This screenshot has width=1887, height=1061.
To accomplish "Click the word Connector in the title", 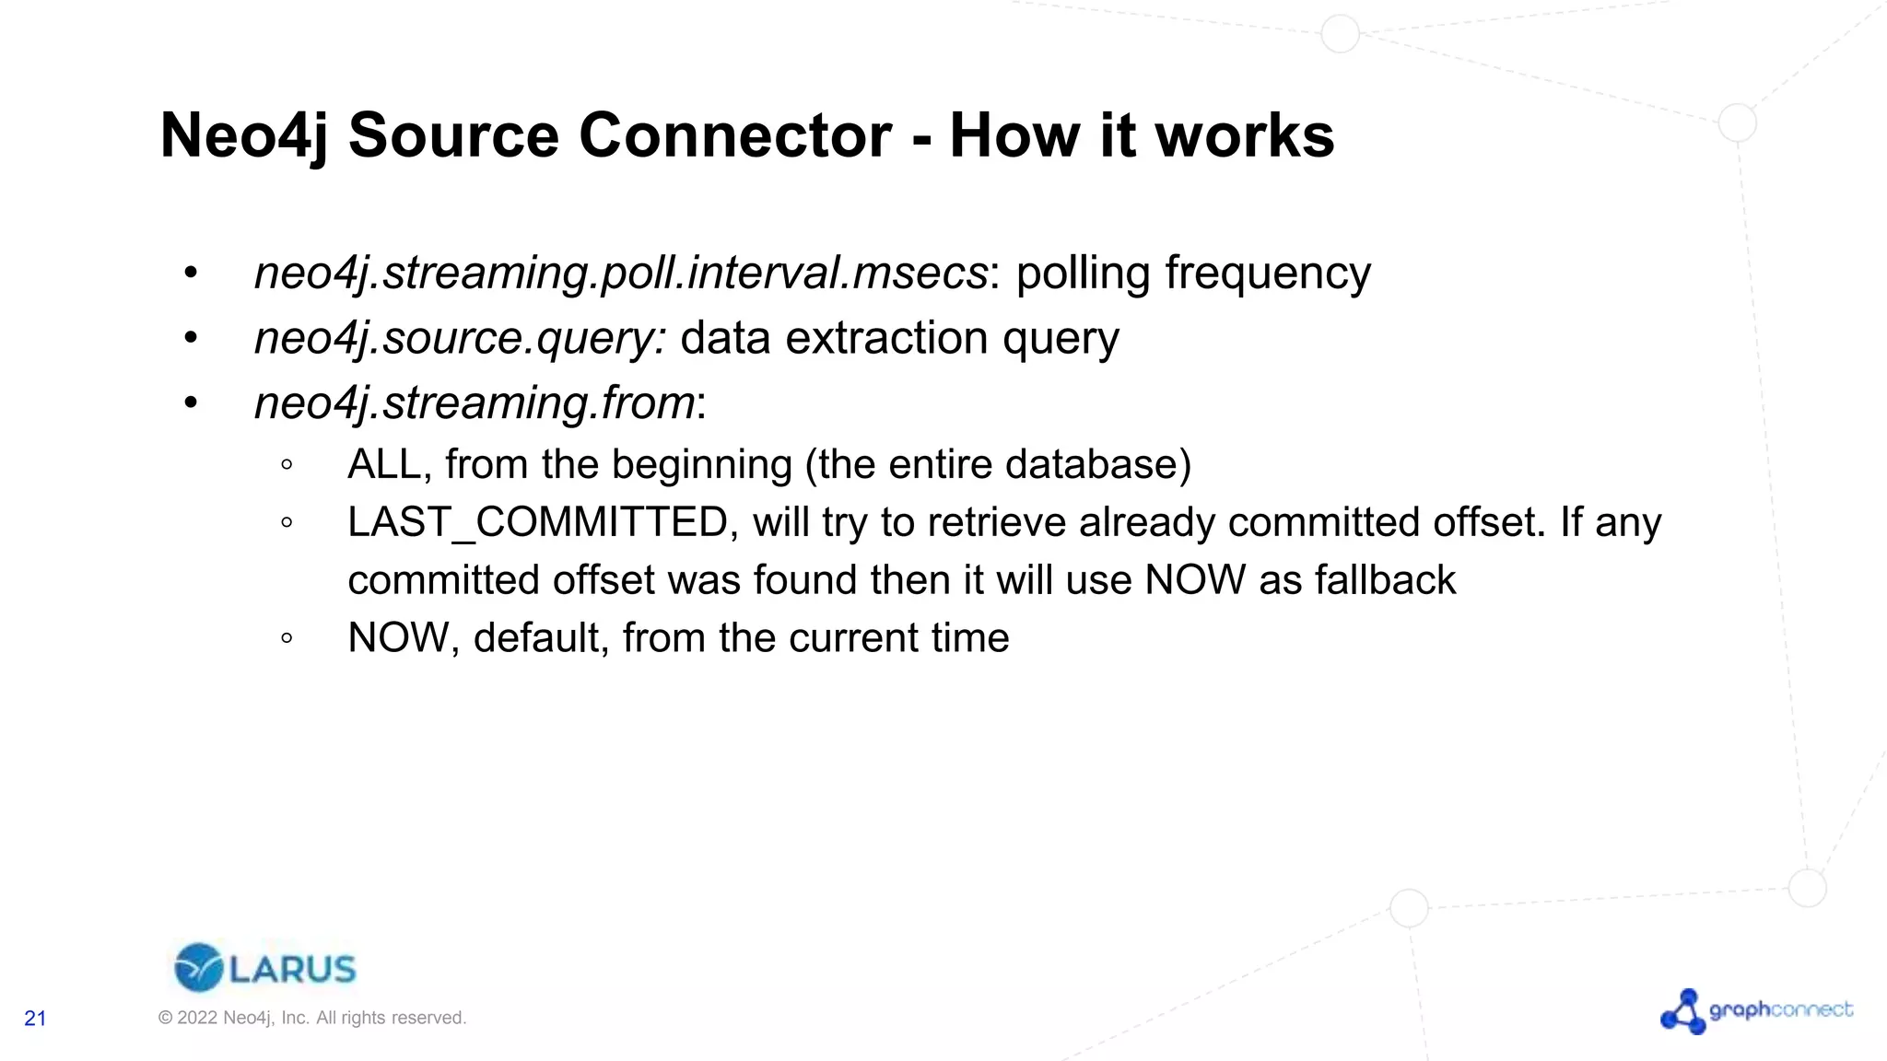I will coord(734,136).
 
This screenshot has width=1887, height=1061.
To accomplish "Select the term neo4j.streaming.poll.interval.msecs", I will coord(621,274).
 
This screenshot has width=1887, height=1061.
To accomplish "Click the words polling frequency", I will coord(1193,274).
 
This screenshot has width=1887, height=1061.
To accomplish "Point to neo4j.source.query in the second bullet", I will coord(458,339).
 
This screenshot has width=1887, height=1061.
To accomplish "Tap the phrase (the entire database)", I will coord(998,465).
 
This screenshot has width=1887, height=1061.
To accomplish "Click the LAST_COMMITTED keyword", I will coord(538,523).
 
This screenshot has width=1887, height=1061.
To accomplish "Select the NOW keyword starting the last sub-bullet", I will coord(398,638).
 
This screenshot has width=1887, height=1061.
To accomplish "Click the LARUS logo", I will coord(264,968).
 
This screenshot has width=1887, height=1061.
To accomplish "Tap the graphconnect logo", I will coord(1756,1011).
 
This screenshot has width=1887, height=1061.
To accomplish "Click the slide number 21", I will coord(35,1019).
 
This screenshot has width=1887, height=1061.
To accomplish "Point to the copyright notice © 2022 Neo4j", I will coord(311,1018).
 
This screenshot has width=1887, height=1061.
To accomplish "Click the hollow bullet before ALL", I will coord(287,465).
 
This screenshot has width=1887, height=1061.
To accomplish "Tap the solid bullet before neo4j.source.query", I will coord(191,338).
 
